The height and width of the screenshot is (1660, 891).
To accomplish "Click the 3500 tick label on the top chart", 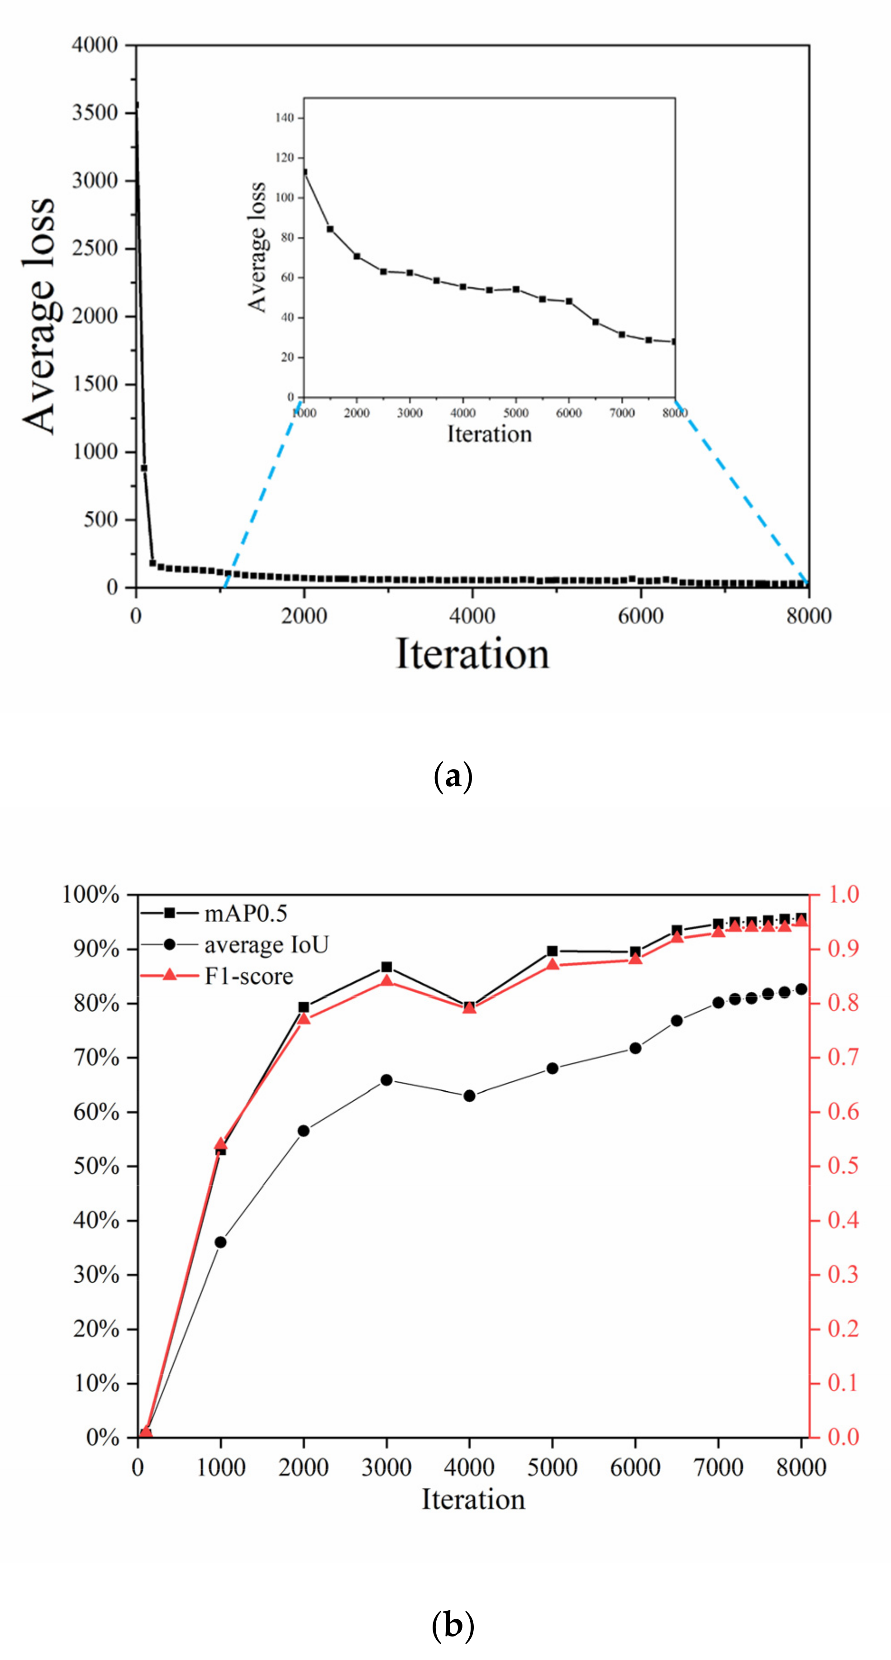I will coord(95,113).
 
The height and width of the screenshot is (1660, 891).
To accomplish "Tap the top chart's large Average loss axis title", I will coord(40,316).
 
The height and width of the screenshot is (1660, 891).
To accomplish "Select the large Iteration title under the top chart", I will coord(472,654).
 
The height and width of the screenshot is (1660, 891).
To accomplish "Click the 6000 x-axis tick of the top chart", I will coord(640,616).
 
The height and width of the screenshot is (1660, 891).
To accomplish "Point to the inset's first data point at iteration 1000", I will coord(304,172).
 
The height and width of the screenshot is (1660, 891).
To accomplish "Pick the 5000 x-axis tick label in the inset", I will coord(515,413).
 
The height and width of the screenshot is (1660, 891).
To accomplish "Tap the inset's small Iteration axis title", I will coord(489,434).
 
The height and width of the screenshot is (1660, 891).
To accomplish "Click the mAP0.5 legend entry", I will coord(245,913).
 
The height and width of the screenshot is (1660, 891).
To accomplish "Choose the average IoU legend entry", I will coord(266,945).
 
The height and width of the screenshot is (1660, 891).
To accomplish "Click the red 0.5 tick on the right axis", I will coord(843,1166).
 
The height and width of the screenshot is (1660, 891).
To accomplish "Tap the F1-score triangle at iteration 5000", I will coord(553,965).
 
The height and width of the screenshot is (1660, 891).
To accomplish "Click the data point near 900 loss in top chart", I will coord(144,468).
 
